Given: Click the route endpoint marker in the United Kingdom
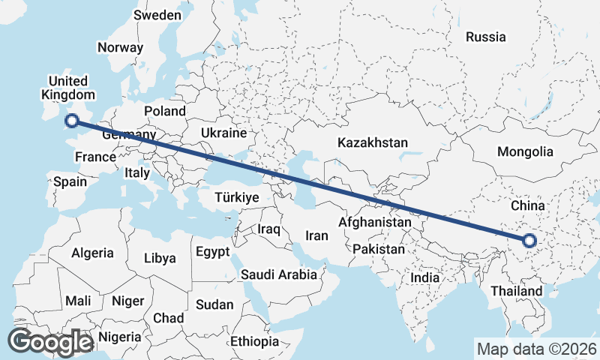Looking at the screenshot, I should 72,120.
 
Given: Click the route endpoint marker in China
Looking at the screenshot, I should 529,241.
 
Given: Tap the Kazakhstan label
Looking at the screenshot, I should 372,142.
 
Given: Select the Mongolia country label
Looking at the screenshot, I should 525,151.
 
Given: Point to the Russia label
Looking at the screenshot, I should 485,36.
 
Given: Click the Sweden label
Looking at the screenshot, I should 157,15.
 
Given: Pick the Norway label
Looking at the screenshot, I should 120,46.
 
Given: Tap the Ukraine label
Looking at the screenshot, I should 223,133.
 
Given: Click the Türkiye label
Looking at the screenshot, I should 236,197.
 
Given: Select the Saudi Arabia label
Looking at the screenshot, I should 279,274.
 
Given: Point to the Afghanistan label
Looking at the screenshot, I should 375,222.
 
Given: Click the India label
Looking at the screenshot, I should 425,277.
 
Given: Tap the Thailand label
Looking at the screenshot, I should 517,290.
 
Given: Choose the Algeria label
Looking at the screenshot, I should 93,253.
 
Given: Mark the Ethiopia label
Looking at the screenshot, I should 254,341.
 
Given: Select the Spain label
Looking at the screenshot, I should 70,181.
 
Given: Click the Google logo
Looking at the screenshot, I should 49,342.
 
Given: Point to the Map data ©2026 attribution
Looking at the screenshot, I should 536,349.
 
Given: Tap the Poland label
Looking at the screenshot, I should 165,111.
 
